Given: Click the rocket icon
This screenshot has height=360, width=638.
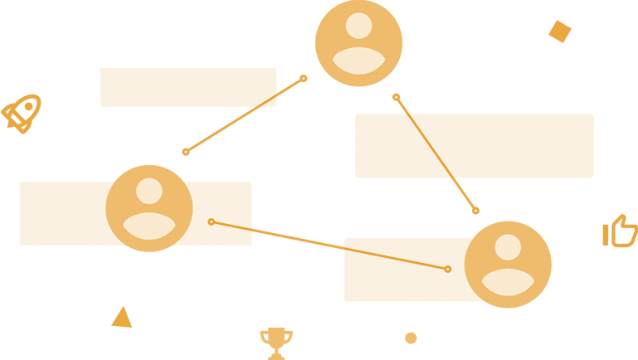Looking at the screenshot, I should (21, 114).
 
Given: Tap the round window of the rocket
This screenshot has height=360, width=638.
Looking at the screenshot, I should (27, 108).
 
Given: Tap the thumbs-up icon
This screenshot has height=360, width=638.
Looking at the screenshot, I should (621, 231).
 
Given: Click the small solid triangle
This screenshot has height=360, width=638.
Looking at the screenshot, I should (123, 319).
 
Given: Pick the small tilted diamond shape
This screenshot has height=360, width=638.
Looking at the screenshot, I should (560, 32).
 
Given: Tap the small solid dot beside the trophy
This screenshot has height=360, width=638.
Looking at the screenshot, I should (411, 338).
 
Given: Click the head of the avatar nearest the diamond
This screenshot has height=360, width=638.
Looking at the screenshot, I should (358, 26).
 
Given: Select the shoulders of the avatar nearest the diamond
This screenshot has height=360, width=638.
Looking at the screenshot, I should (358, 61).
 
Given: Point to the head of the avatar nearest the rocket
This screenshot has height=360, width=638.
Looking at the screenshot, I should (149, 191).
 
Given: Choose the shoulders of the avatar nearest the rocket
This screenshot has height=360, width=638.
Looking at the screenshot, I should (149, 226).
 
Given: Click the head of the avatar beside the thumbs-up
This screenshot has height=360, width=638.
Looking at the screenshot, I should (508, 247).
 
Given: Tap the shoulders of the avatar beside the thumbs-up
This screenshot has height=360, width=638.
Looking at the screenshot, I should (508, 282).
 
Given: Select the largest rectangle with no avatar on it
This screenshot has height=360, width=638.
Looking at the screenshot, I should (474, 146).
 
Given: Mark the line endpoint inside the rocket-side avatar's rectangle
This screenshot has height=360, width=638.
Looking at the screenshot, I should (212, 221).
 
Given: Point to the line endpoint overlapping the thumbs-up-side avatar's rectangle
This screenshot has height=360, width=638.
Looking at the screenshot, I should (448, 269).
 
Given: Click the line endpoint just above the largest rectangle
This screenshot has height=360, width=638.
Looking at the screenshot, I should (397, 97).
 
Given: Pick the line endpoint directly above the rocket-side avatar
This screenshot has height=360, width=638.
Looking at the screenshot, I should (186, 152).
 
